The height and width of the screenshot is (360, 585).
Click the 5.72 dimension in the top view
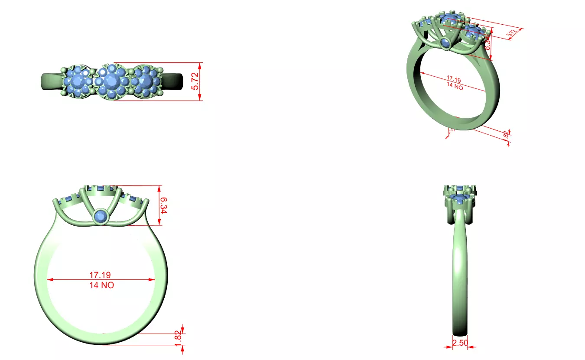195,81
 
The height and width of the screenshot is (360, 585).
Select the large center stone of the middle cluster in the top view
112,81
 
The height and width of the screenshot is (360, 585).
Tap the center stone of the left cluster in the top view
79,81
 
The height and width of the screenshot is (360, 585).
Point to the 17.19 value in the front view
100,275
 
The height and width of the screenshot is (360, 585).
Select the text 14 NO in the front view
101,285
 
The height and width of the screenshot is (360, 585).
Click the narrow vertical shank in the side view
460,277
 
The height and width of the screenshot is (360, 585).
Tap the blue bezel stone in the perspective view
445,43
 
